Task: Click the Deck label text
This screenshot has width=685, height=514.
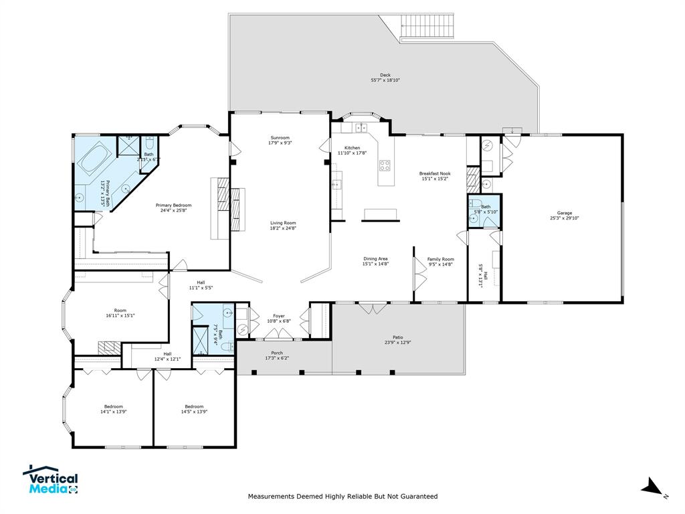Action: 385,75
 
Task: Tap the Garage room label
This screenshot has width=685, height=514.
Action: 563,213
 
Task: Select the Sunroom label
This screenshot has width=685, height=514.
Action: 280,137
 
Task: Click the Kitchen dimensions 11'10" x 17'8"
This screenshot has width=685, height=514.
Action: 352,153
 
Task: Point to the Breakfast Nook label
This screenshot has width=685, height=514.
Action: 435,173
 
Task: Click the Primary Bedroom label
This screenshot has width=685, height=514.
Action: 173,205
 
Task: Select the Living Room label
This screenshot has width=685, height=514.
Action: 283,223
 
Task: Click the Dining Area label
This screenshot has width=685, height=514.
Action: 375,258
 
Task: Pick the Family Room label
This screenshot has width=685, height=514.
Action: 440,258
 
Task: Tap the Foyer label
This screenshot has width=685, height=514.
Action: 279,316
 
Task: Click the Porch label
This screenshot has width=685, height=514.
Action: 276,353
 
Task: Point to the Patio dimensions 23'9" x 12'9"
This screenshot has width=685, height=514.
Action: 397,343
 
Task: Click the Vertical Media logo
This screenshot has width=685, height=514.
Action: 51,480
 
